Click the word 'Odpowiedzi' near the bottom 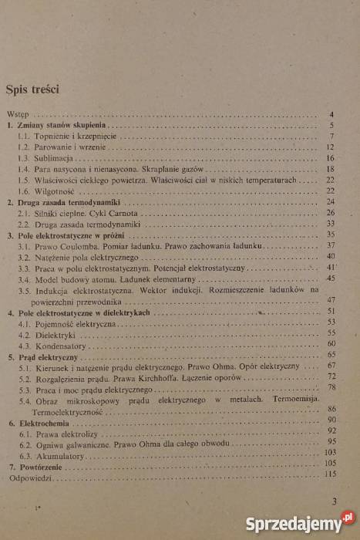click(x=28, y=479)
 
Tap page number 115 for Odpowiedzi click(x=331, y=479)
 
